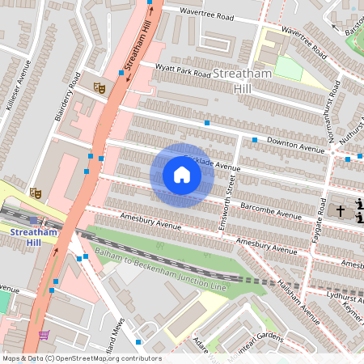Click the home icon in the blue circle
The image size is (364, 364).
pyautogui.click(x=182, y=175)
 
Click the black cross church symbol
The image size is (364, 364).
pyautogui.click(x=341, y=210)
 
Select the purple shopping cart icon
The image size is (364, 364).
pyautogui.click(x=44, y=336)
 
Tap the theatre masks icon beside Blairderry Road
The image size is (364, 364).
pyautogui.click(x=99, y=87)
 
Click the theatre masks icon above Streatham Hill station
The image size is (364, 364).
pyautogui.click(x=35, y=193)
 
